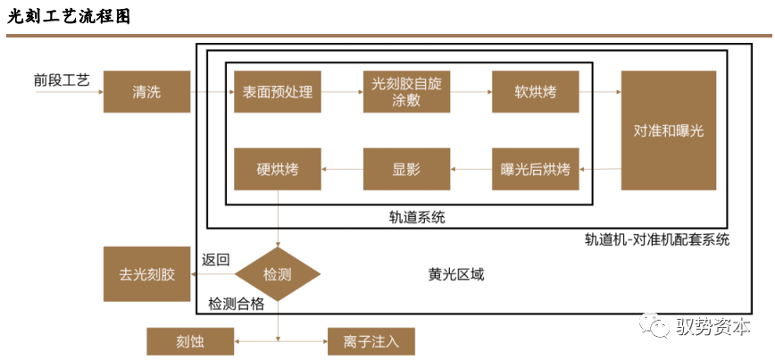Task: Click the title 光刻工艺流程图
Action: (69, 16)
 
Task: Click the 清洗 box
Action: (146, 92)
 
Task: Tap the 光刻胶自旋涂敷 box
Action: (406, 92)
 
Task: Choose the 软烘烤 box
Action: (536, 92)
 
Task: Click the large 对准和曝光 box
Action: (669, 130)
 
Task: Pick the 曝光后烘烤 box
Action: (536, 169)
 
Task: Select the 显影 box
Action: (406, 169)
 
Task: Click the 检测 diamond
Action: (278, 273)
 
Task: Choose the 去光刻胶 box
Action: (146, 273)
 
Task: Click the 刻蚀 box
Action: (190, 340)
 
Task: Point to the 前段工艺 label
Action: (62, 80)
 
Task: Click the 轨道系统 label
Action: (416, 216)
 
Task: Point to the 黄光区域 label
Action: (455, 274)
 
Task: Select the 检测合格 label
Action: (237, 304)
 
